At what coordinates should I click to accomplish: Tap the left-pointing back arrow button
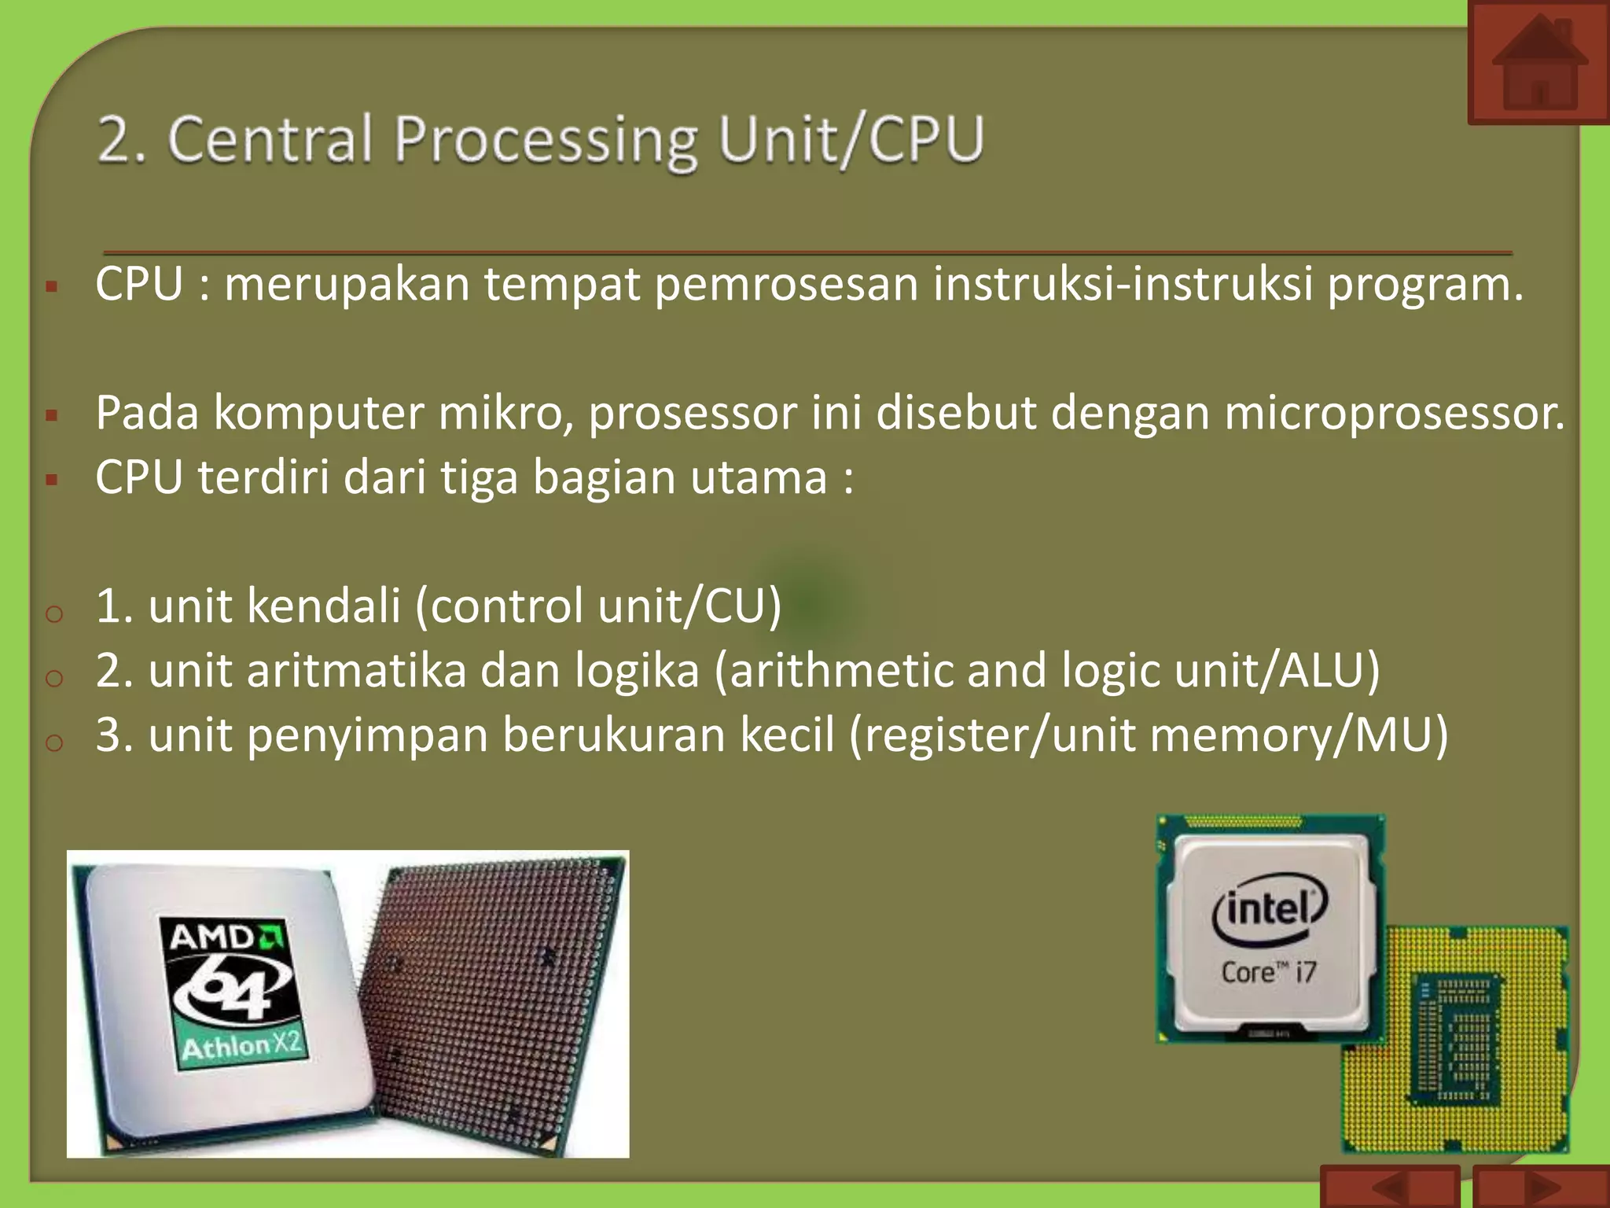coord(1390,1188)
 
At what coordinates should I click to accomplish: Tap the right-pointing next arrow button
coord(1541,1188)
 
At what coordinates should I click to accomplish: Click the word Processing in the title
coord(546,140)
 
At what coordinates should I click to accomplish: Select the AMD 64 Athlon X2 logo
coord(234,993)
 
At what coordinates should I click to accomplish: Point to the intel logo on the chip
coord(1270,910)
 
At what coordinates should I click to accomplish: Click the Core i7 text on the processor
coord(1268,973)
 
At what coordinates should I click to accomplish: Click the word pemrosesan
coord(786,284)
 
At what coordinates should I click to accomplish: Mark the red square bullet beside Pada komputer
coord(52,415)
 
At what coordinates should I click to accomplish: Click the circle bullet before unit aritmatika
coord(53,677)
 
